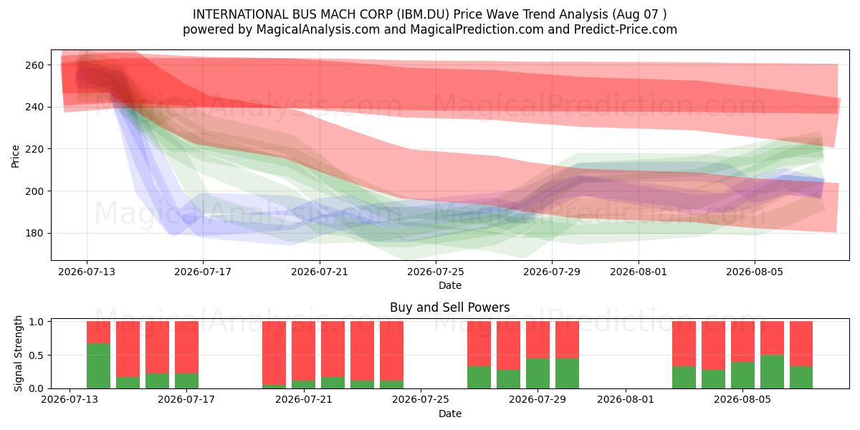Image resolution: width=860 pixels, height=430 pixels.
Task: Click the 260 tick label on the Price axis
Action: coord(34,65)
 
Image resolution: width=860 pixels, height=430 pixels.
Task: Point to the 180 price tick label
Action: coord(34,234)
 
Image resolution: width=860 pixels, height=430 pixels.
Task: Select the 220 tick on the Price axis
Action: coord(34,149)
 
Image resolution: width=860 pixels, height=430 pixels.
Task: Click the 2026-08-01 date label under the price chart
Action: coord(639,272)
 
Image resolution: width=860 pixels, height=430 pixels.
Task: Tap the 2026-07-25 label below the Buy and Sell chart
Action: coord(421,400)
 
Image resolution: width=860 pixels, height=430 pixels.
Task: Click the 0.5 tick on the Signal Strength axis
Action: coord(36,355)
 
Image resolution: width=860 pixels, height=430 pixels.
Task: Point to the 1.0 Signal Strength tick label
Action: coord(36,322)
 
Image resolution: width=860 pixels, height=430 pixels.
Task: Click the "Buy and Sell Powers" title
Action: coord(449,307)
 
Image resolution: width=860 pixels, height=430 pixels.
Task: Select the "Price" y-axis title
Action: coord(15,156)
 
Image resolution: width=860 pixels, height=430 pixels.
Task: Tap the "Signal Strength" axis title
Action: coord(18,353)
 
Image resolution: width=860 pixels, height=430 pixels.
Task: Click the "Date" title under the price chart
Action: coord(450,285)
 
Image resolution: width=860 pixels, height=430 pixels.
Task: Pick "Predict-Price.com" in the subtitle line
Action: coord(626,29)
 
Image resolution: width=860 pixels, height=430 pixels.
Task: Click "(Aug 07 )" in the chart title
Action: coord(639,14)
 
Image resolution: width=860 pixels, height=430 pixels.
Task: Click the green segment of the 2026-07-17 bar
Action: coord(186,381)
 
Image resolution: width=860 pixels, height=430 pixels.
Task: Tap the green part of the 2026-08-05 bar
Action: coord(742,375)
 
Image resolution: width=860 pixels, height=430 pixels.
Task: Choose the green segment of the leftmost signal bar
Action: coord(99,366)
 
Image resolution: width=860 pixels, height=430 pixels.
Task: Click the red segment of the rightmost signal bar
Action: coord(801,344)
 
